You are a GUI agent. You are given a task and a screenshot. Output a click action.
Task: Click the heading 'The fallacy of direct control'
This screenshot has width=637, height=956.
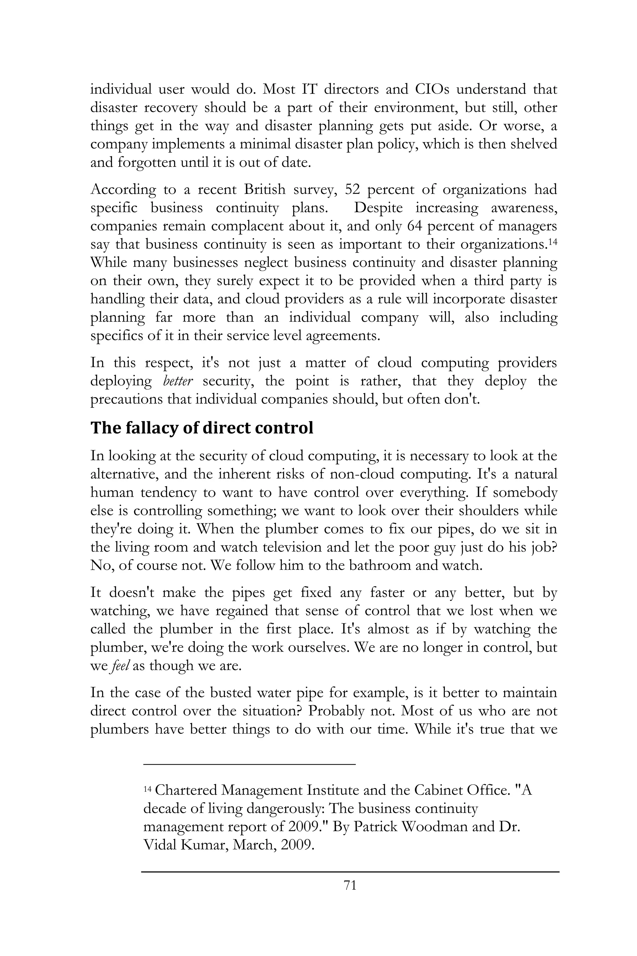click(202, 428)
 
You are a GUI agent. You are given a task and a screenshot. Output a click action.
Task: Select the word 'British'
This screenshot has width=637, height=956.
click(264, 190)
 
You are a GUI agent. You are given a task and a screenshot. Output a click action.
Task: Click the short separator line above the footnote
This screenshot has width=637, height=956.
click(249, 764)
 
